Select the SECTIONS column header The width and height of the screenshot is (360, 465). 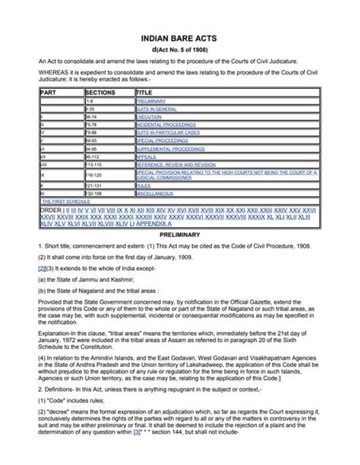(102, 90)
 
